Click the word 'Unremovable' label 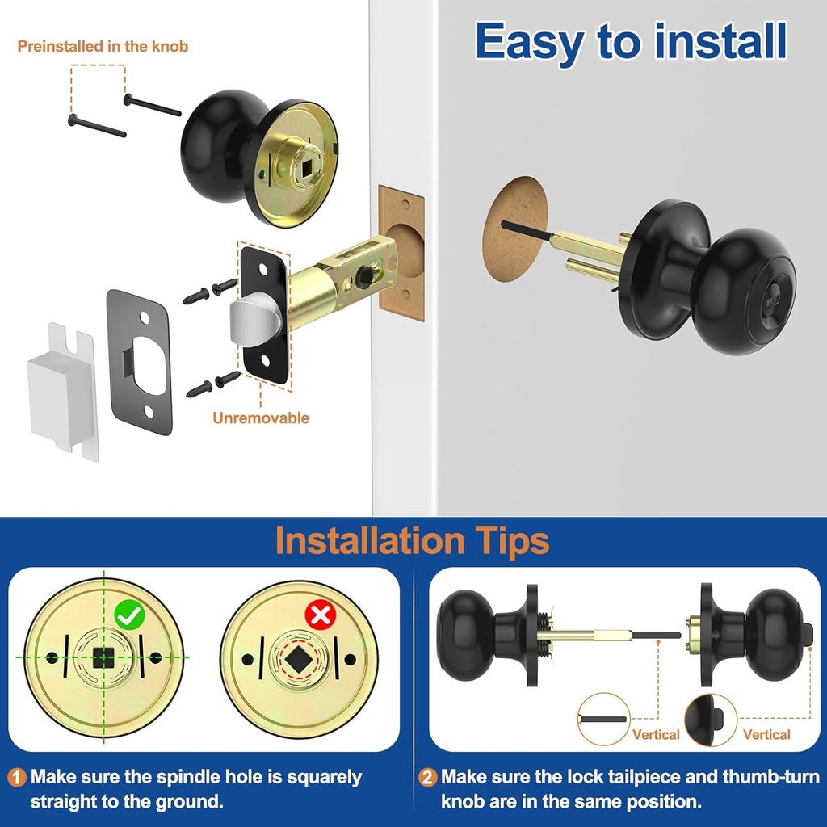coord(261,418)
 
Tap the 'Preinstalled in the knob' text coord(103,46)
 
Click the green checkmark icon coord(128,616)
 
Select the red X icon coord(321,616)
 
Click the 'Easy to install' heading coord(631,41)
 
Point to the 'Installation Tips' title coord(413,540)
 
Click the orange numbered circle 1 coord(17,778)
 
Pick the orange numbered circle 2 coord(428,778)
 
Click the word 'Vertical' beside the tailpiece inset coord(656,735)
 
